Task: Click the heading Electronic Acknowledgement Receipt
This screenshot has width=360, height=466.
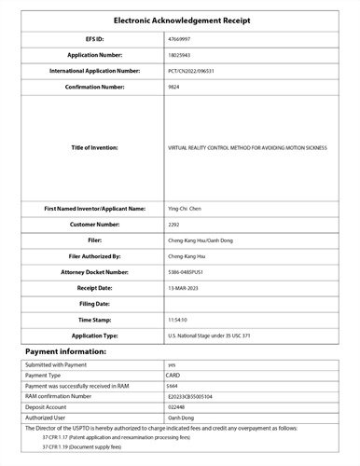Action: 179,21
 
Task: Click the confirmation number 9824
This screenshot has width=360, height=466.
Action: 173,85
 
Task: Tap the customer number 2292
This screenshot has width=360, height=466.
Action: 173,225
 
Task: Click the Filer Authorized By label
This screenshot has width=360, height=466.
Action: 96,255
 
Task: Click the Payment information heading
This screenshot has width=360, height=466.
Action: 65,351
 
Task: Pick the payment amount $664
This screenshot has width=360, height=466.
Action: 173,385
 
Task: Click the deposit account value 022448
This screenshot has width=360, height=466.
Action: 176,406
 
